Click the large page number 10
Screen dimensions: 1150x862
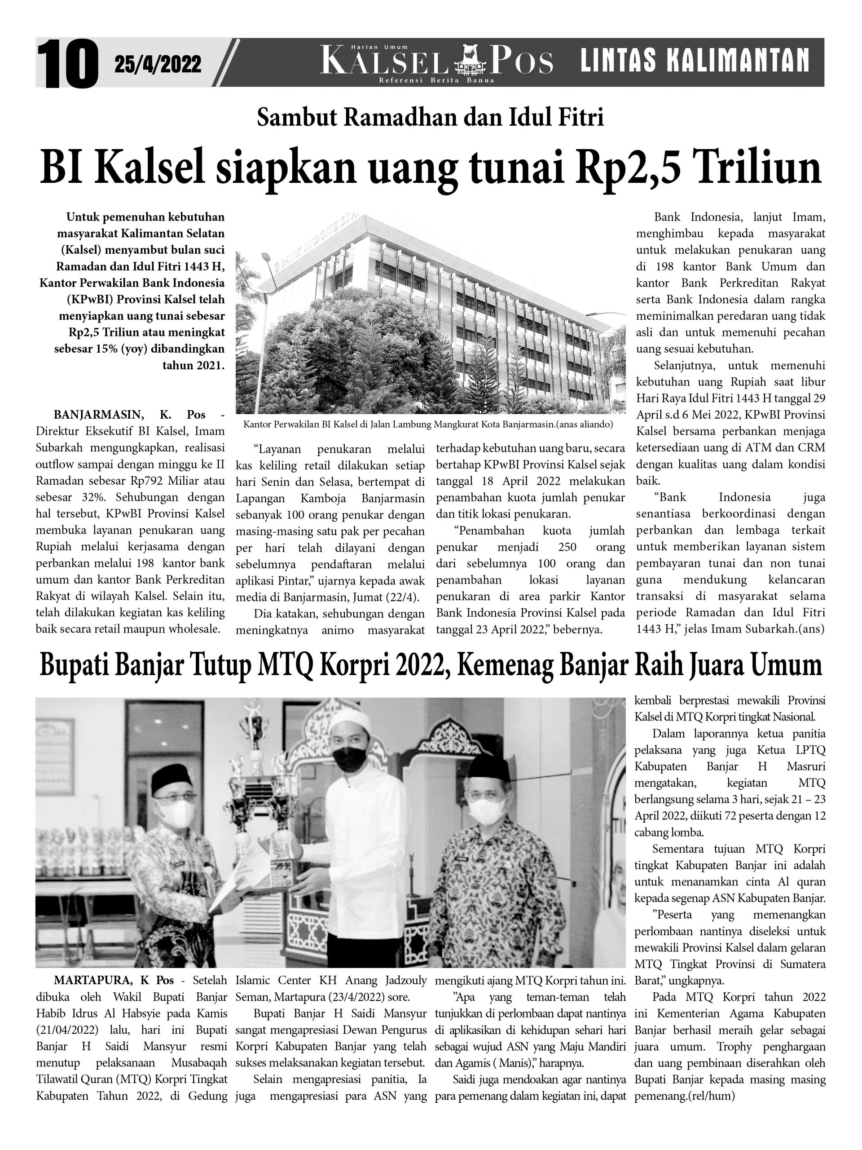(x=67, y=64)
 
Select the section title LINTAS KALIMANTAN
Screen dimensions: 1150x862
(x=694, y=60)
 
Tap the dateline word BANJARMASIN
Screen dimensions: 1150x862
(x=98, y=415)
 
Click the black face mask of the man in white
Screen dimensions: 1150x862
(x=349, y=760)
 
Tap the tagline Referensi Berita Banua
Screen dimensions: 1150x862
(x=436, y=80)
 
